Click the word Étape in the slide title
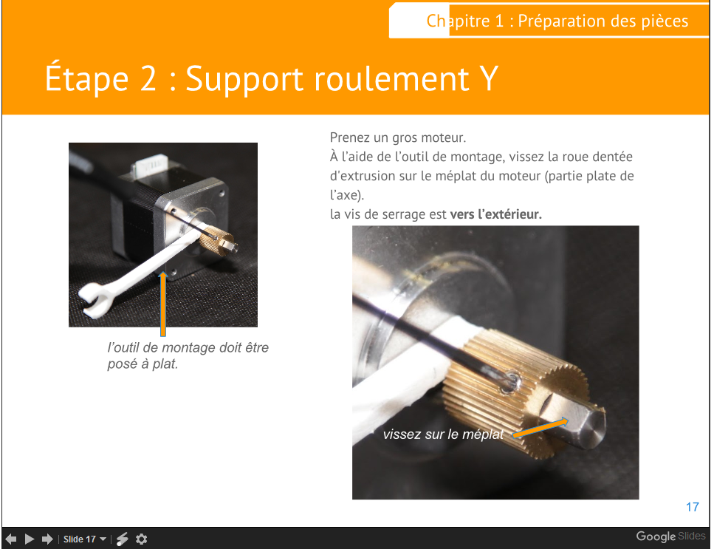point(86,78)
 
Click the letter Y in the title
point(489,79)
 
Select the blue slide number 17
point(692,507)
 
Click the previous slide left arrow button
point(11,539)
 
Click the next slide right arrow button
point(47,539)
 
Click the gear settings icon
point(142,539)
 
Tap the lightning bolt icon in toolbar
point(122,539)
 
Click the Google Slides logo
point(670,536)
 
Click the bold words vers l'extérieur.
point(496,214)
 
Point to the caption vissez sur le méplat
point(443,434)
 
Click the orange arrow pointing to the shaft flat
point(541,428)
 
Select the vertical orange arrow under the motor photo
point(163,304)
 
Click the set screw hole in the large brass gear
point(510,382)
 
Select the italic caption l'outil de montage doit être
point(188,348)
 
